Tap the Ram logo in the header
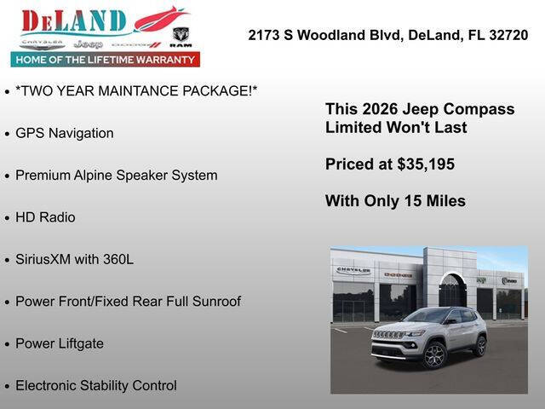[181, 36]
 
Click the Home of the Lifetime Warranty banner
[106, 60]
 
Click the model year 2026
[379, 109]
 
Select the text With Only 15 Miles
[395, 201]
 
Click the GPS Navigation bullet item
[64, 133]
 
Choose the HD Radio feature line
[45, 217]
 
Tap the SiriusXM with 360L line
[74, 259]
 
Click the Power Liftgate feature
[60, 343]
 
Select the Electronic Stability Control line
[95, 385]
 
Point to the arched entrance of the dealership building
[452, 291]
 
